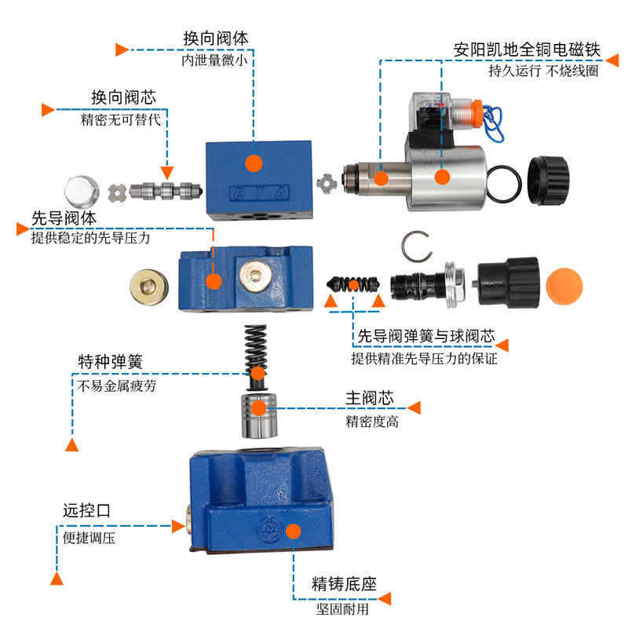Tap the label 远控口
[x=86, y=511]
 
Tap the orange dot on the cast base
[x=293, y=532]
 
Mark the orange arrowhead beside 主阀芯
[x=414, y=407]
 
